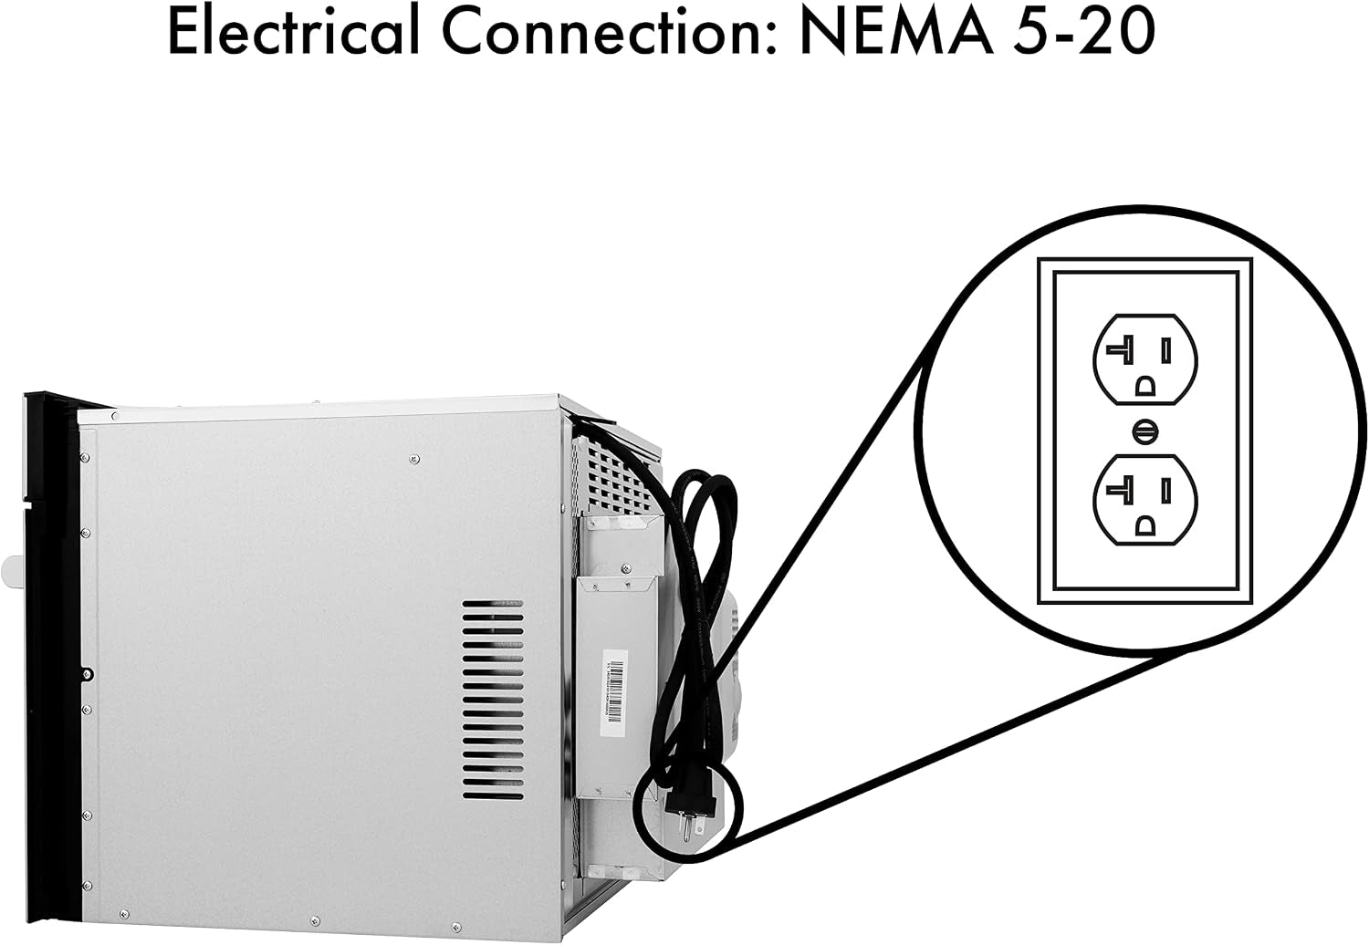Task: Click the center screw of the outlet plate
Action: point(1145,431)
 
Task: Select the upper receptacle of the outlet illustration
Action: point(1145,359)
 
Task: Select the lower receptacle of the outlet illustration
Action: point(1145,500)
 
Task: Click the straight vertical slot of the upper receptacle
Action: point(1166,350)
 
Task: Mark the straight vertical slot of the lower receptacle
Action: point(1166,491)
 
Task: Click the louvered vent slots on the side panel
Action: point(493,700)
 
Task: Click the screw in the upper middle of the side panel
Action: point(414,459)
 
